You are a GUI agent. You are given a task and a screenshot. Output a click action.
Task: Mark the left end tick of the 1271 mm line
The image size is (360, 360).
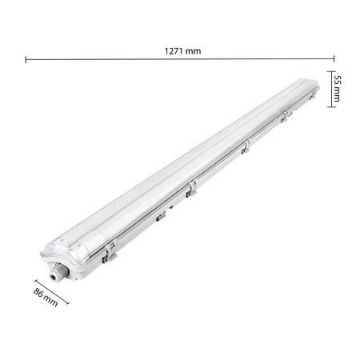tap(26, 58)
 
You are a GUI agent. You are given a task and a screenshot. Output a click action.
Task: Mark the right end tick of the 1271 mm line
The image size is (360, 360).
tap(332, 58)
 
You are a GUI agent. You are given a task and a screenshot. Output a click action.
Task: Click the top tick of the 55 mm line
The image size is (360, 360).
tap(328, 72)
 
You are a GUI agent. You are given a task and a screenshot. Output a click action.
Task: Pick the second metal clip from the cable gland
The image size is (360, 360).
tap(190, 189)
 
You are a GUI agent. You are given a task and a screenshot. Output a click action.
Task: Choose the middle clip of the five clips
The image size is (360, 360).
tap(246, 147)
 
